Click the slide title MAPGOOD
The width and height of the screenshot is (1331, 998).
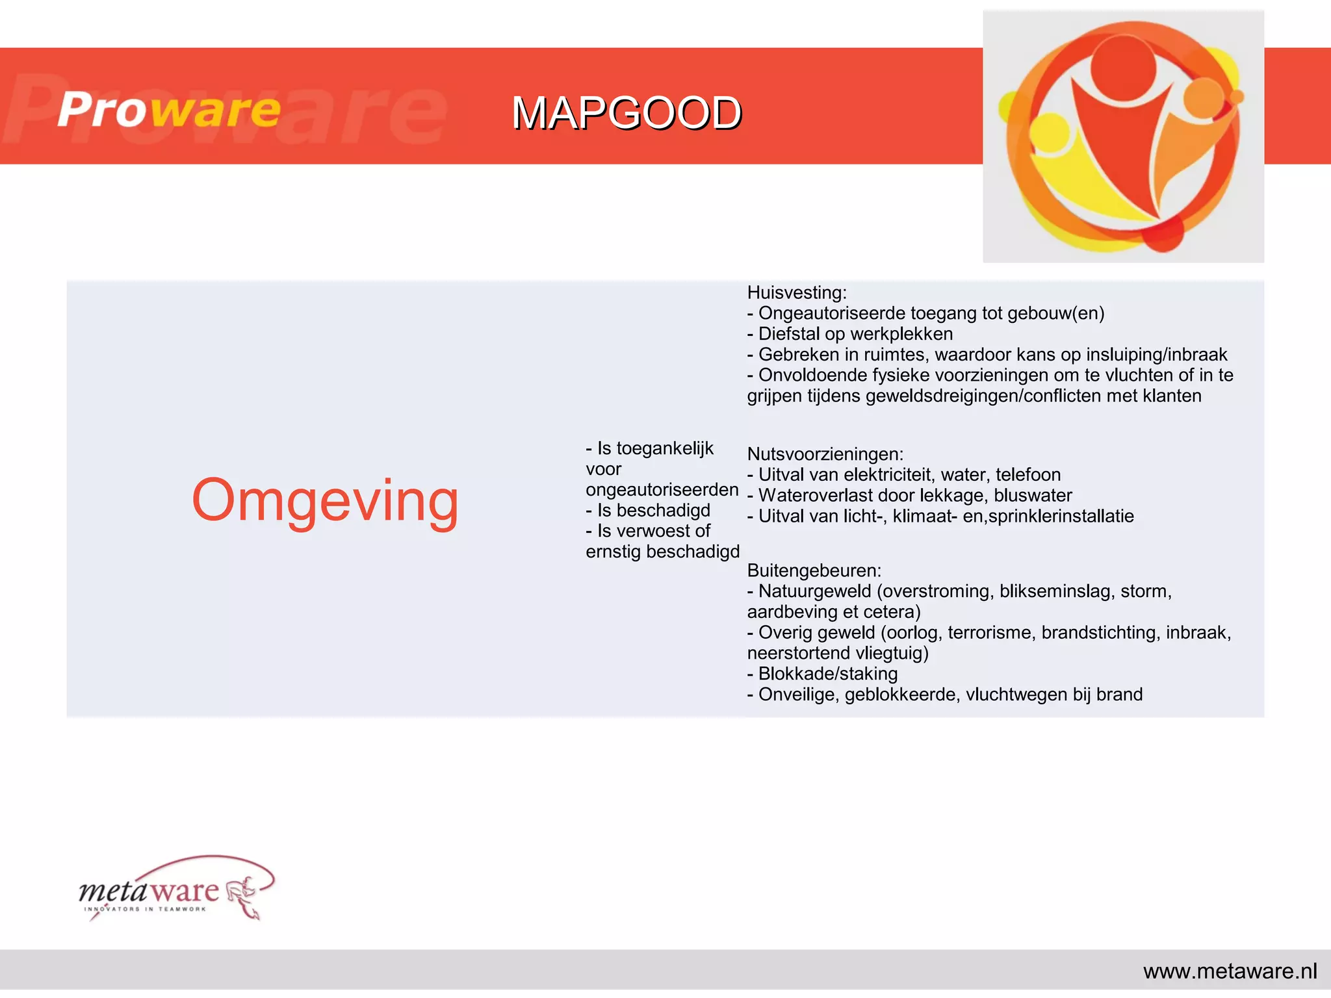[x=626, y=113]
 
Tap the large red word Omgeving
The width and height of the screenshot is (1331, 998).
[x=325, y=500]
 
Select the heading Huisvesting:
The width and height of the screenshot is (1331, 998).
[x=797, y=292]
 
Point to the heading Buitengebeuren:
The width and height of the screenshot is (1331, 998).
[x=814, y=570]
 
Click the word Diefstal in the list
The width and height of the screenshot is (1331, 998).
[x=788, y=334]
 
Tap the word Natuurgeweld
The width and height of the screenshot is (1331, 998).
[x=814, y=591]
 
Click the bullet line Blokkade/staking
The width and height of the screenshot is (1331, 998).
[x=827, y=674]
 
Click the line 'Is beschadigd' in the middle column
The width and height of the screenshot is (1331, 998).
[x=648, y=510]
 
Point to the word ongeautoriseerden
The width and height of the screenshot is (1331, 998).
[x=662, y=489]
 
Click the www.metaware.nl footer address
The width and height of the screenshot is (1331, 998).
[x=1230, y=971]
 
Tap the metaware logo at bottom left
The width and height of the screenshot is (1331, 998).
[x=175, y=889]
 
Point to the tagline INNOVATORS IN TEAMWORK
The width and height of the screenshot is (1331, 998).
[x=145, y=909]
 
